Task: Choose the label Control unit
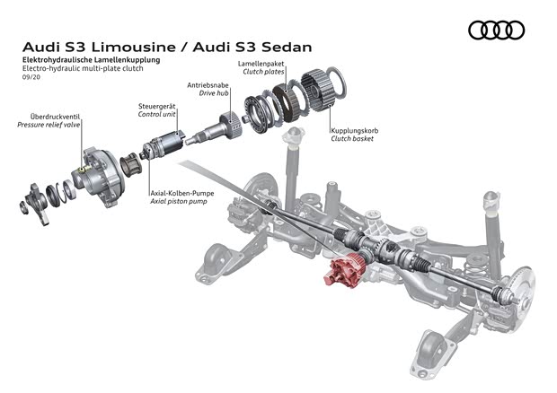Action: point(156,115)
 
